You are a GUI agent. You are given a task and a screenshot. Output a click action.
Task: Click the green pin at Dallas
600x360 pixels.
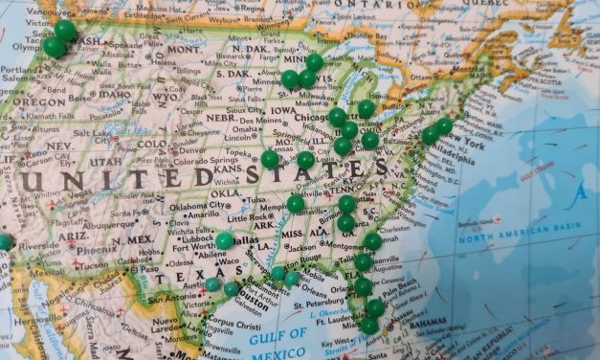[x=224, y=240]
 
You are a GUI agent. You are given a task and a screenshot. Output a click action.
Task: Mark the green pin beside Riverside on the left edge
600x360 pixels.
[x=5, y=241]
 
